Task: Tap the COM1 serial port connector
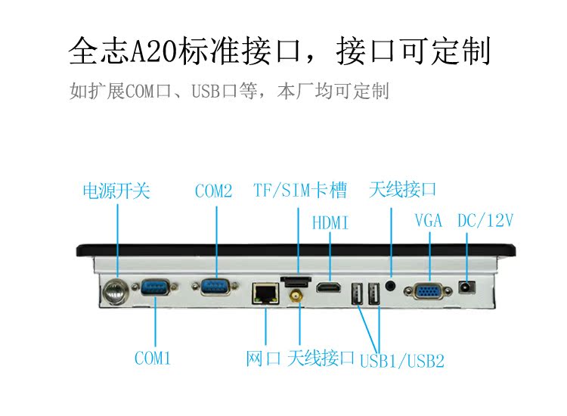pos(155,287)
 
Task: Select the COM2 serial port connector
pos(215,287)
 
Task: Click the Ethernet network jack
pos(265,291)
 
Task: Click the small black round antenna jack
pos(391,286)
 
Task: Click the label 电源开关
pos(116,191)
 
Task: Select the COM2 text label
pos(213,191)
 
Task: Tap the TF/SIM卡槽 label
pos(300,191)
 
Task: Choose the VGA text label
pos(429,221)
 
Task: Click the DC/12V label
pos(485,221)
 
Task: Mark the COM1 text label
pos(153,358)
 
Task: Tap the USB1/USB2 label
pos(401,361)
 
